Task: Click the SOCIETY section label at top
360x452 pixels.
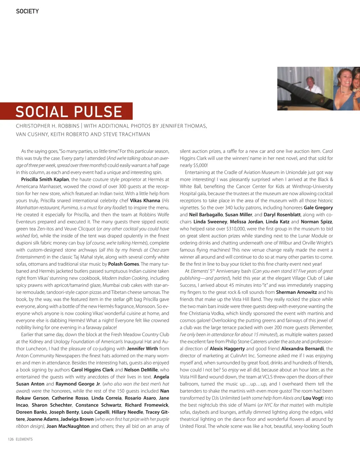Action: click(x=27, y=11)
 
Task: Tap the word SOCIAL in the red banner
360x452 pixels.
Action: click(x=42, y=112)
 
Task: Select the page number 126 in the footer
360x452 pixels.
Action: click(x=11, y=439)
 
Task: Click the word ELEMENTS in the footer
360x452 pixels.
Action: click(x=24, y=439)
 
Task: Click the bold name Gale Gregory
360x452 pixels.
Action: click(x=318, y=208)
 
